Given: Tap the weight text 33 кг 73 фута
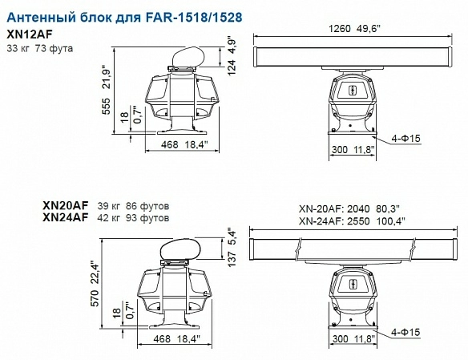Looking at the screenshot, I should (40, 48).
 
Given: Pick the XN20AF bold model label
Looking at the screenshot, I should (66, 205).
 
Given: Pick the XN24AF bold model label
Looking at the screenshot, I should (66, 217).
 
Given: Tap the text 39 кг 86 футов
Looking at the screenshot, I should (133, 205).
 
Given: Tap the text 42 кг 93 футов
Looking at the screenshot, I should (133, 217).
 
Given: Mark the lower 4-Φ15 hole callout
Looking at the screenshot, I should (405, 331).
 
